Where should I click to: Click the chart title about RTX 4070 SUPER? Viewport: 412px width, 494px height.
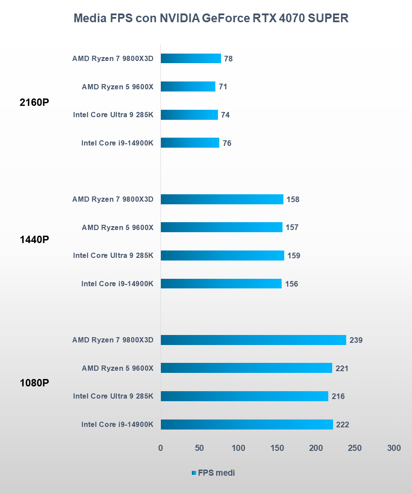click(211, 18)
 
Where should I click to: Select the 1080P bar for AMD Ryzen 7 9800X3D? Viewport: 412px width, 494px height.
click(253, 340)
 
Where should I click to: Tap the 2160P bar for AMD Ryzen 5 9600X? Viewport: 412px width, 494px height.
click(188, 87)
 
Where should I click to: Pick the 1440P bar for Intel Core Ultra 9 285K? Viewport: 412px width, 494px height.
click(222, 256)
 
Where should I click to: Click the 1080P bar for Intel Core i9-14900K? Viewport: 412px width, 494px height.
click(246, 425)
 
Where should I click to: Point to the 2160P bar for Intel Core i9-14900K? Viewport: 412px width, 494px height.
click(190, 143)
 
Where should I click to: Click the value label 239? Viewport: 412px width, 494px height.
click(356, 340)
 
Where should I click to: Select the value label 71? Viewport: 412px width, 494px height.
click(223, 87)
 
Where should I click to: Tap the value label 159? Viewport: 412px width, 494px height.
click(293, 256)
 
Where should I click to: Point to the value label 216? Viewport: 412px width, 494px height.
click(338, 396)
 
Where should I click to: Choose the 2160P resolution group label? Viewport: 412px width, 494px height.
click(34, 103)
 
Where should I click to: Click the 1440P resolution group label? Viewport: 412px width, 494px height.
click(34, 240)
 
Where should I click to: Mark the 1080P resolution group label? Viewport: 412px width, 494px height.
click(34, 383)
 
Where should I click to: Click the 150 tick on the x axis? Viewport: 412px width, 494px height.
click(277, 448)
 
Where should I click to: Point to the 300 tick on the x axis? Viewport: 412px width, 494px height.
click(394, 448)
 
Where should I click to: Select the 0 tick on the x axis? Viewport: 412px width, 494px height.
click(160, 448)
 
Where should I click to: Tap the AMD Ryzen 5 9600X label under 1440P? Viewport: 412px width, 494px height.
click(117, 227)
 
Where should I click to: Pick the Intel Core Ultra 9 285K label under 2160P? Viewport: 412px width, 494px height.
click(113, 115)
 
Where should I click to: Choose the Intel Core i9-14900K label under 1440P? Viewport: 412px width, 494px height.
click(117, 284)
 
